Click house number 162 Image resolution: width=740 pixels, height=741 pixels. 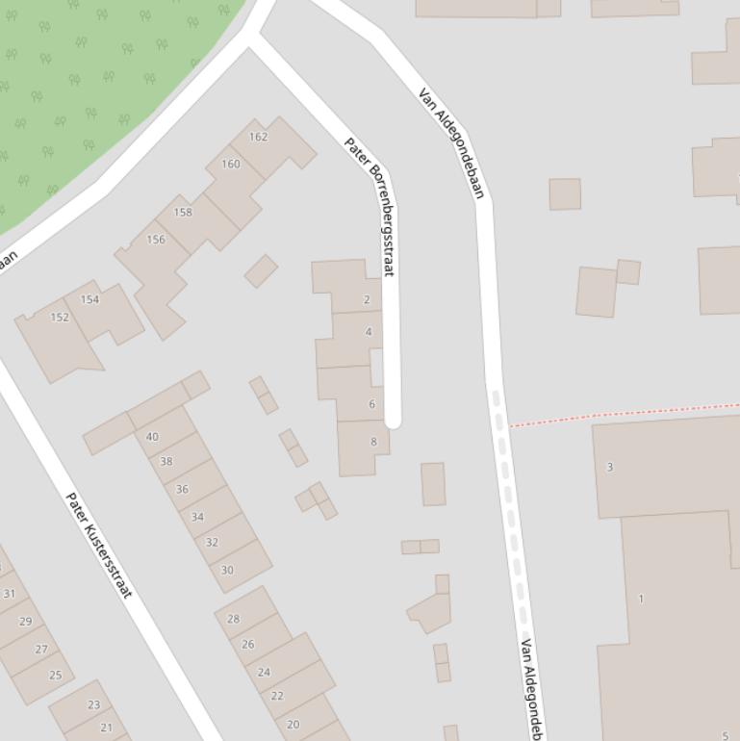pyautogui.click(x=258, y=137)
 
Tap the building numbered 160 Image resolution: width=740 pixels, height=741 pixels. pyautogui.click(x=231, y=164)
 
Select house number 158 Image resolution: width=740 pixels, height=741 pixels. pyautogui.click(x=183, y=212)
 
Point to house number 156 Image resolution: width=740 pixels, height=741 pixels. pyautogui.click(x=156, y=239)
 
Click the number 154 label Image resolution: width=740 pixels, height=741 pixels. pyautogui.click(x=89, y=299)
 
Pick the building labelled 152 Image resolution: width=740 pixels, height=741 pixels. pyautogui.click(x=60, y=317)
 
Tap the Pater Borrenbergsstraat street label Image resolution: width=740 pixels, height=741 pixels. pyautogui.click(x=370, y=206)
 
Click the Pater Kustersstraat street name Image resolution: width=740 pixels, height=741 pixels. pyautogui.click(x=98, y=545)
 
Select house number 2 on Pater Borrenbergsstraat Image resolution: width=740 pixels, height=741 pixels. pyautogui.click(x=367, y=299)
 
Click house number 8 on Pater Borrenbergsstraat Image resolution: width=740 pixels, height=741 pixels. pyautogui.click(x=373, y=442)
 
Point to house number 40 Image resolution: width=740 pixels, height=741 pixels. pyautogui.click(x=152, y=437)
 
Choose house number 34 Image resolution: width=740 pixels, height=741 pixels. pyautogui.click(x=197, y=517)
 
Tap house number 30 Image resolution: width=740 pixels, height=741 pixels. pyautogui.click(x=227, y=570)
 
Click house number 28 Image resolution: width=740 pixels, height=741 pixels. pyautogui.click(x=233, y=619)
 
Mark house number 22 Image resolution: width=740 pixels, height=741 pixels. pyautogui.click(x=277, y=696)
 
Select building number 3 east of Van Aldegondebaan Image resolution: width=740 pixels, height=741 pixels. pyautogui.click(x=609, y=467)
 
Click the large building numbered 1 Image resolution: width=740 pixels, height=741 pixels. pyautogui.click(x=641, y=599)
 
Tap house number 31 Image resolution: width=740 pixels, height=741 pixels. pyautogui.click(x=10, y=594)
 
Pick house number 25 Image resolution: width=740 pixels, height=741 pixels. pyautogui.click(x=55, y=675)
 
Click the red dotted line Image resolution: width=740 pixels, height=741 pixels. pyautogui.click(x=625, y=414)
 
